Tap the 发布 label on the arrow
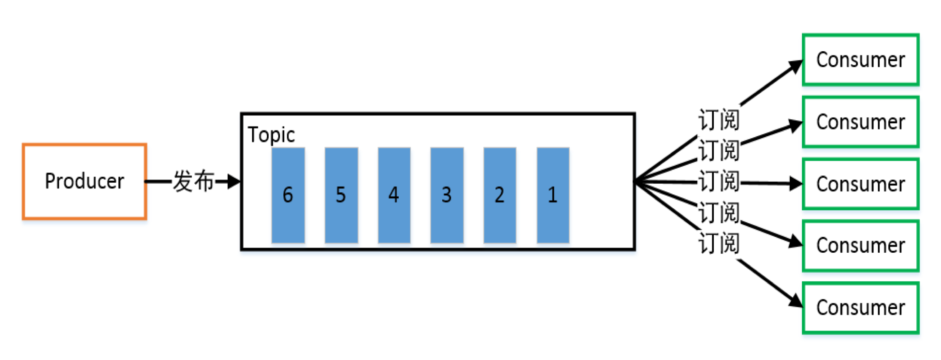(193, 182)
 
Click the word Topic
(271, 135)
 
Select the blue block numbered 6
(288, 195)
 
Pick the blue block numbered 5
(341, 195)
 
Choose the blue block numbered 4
(394, 195)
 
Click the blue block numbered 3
(447, 195)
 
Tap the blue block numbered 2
(500, 195)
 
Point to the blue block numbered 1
(553, 195)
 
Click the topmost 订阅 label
(719, 120)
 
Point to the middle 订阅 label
(719, 182)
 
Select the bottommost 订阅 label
(719, 243)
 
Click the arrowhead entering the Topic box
(234, 182)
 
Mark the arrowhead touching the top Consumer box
(796, 67)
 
